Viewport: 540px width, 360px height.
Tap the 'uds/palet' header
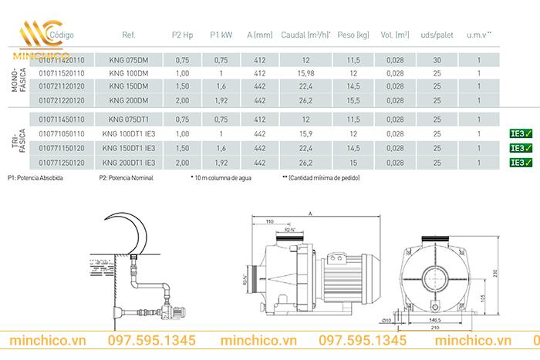tap(436, 35)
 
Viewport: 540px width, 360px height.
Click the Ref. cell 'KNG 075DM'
tap(128, 59)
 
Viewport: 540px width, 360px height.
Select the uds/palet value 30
tap(436, 59)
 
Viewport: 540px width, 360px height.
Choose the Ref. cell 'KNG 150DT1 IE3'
tap(128, 149)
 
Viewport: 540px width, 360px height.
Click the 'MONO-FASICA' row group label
tap(19, 79)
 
